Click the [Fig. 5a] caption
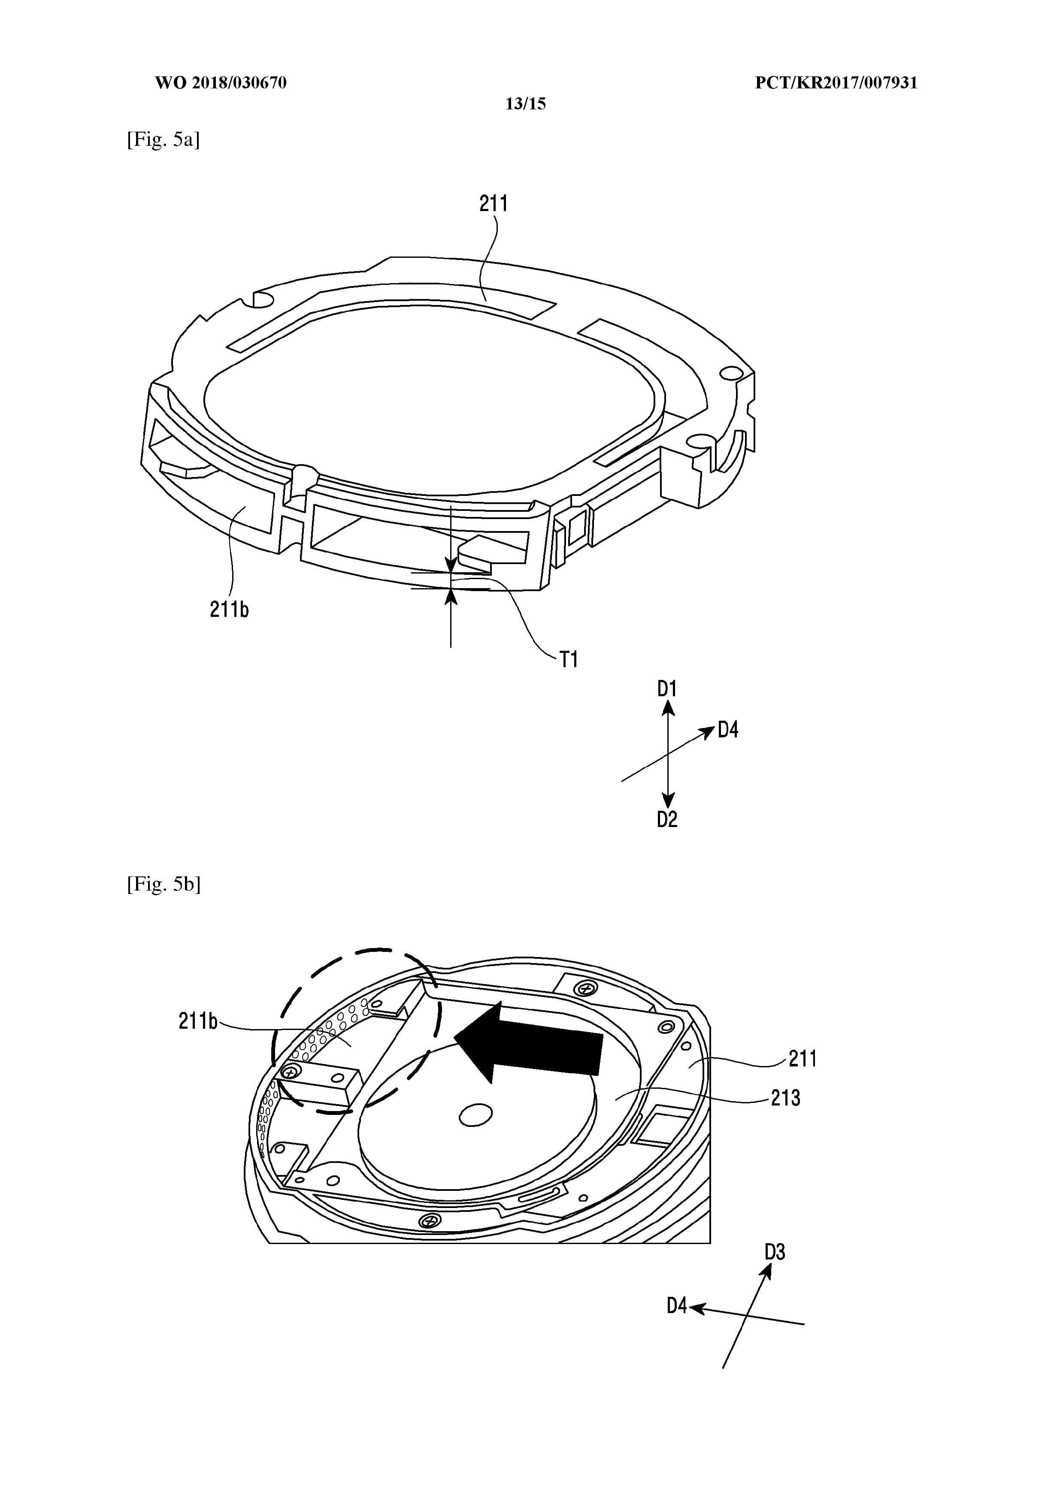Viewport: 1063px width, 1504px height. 163,139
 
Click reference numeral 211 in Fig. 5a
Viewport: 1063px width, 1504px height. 494,204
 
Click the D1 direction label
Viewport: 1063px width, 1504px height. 667,689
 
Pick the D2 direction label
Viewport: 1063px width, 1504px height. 667,819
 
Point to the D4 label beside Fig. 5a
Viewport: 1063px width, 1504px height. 728,730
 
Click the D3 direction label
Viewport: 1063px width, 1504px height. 775,1253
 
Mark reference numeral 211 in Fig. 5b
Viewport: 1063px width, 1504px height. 803,1059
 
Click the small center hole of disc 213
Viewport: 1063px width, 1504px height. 476,1115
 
